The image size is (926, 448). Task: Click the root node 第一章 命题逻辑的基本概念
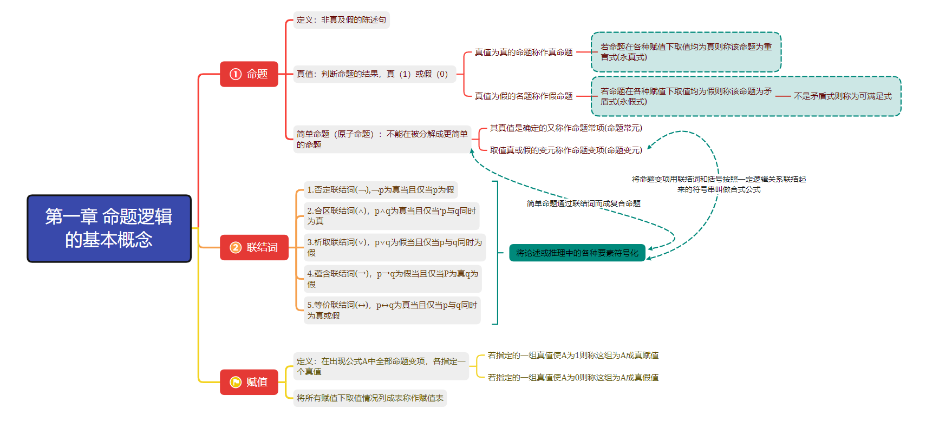109,228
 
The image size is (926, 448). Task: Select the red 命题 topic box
249,74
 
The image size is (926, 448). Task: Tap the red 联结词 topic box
254,247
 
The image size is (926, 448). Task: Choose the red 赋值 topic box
249,382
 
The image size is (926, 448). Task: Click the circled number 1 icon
236,74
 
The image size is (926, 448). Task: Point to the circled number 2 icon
236,247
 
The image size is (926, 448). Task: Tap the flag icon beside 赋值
236,382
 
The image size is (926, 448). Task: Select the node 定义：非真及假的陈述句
341,20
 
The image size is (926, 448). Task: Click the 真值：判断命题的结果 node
374,74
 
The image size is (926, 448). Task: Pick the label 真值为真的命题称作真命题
523,52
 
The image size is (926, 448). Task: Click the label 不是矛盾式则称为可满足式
842,96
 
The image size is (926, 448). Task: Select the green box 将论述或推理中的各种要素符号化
577,253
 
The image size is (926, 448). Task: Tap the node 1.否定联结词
381,190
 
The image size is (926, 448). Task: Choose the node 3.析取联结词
394,247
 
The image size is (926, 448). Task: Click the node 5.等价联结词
392,310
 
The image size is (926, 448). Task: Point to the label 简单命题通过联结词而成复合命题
583,203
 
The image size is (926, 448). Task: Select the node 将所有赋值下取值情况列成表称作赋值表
370,398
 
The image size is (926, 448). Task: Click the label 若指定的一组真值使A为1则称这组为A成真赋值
573,355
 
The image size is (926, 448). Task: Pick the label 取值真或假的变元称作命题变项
566,150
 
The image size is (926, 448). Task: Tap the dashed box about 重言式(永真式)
686,52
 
